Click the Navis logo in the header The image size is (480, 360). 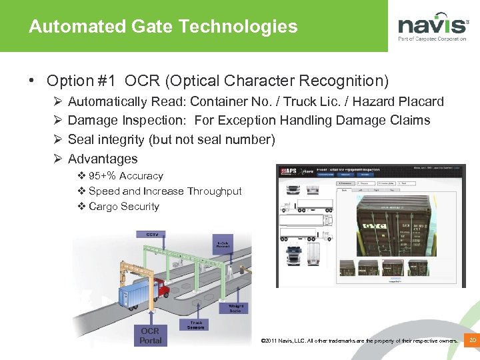coord(433,27)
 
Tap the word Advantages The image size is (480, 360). coord(103,159)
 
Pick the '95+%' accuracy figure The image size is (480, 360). coord(103,176)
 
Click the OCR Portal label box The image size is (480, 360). coord(150,335)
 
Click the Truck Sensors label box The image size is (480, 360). coord(195,325)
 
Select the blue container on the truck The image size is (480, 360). coord(137,293)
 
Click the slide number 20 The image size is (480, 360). coord(472,341)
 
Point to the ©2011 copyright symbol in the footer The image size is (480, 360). coord(264,341)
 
